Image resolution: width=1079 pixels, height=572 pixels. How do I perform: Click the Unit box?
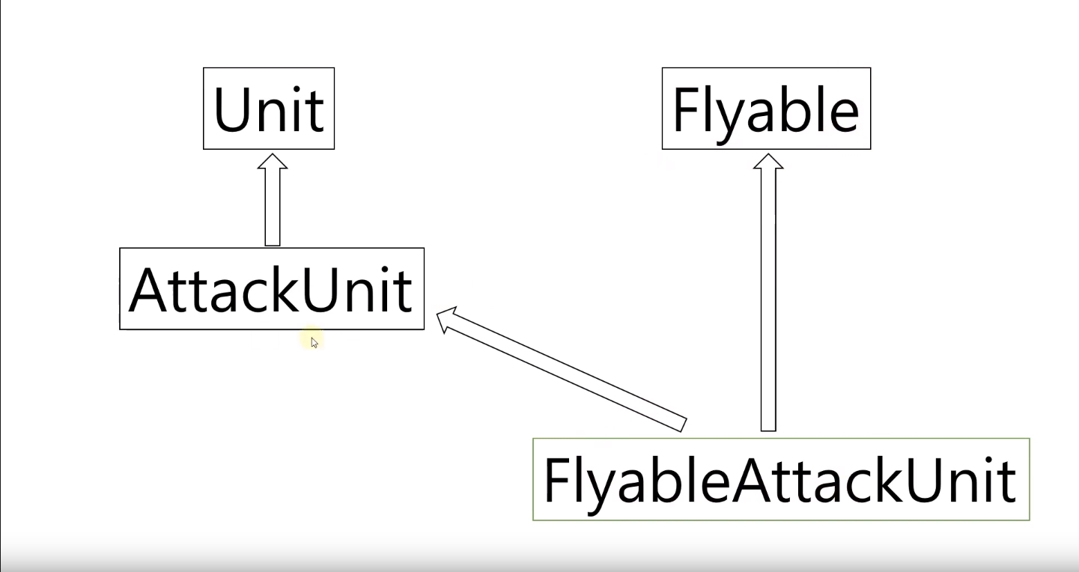tap(268, 109)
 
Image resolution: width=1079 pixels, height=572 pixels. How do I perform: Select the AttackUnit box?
tap(271, 288)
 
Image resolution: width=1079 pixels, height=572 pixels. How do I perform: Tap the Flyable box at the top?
tap(766, 109)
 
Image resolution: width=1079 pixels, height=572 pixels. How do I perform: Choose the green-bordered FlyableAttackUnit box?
tap(780, 479)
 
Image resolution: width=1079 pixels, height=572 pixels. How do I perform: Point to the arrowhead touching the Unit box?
tap(273, 162)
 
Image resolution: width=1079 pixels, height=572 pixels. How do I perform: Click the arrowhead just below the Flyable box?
tap(768, 162)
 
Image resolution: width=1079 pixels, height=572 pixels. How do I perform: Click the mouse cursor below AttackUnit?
tap(314, 343)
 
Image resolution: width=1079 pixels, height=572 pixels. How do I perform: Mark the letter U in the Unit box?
tap(232, 110)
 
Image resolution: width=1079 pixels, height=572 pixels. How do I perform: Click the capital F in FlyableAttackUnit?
tap(556, 479)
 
